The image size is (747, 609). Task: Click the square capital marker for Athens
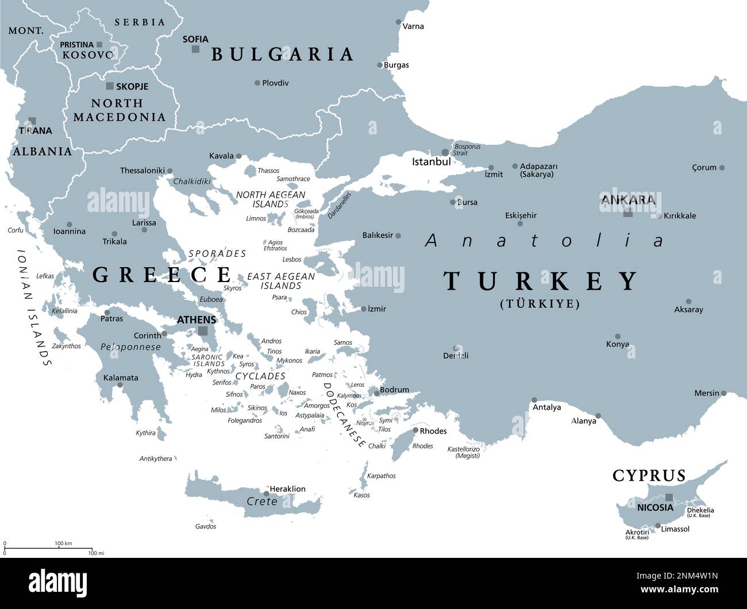(202, 331)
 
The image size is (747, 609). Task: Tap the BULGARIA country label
(282, 54)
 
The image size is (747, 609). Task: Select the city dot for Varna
(399, 22)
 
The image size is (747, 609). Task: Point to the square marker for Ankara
(628, 213)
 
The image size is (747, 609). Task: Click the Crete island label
(261, 502)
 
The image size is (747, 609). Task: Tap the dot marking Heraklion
(267, 493)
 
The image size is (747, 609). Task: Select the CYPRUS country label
(649, 476)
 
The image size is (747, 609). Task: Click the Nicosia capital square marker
(669, 497)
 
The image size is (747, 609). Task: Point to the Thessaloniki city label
(142, 171)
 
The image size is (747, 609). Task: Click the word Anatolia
(544, 240)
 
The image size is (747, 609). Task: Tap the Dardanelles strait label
(339, 205)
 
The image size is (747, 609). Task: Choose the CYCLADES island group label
(260, 376)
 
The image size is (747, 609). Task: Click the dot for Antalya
(534, 400)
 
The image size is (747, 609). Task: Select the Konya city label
(617, 344)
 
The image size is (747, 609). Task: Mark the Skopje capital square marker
(110, 86)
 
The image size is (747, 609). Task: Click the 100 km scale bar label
(63, 543)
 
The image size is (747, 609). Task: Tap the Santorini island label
(276, 436)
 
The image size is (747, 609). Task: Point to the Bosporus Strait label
(467, 150)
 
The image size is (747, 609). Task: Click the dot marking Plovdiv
(257, 83)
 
